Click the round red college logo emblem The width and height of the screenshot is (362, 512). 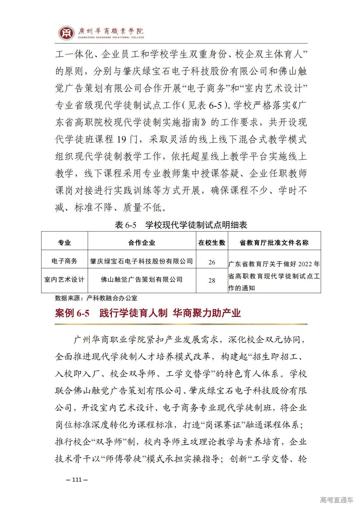tap(67, 33)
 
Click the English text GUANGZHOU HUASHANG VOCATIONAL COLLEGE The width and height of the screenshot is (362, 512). tap(111, 37)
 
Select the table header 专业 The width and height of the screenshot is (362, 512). tap(64, 242)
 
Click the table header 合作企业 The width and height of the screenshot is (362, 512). tap(142, 242)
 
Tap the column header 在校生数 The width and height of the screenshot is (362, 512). tap(212, 242)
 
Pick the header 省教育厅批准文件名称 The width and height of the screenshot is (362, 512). tap(274, 242)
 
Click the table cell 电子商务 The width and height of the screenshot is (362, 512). tap(64, 261)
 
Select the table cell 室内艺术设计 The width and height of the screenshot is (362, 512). tap(64, 279)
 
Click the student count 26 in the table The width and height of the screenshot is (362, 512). tap(212, 262)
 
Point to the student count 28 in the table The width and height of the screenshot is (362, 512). tap(212, 280)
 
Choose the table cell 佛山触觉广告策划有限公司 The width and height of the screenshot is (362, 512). tap(142, 279)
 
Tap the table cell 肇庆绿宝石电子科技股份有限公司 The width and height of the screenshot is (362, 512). tap(142, 261)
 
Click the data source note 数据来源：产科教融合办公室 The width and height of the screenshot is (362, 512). tap(96, 298)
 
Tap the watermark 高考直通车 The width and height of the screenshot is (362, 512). tap(336, 500)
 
